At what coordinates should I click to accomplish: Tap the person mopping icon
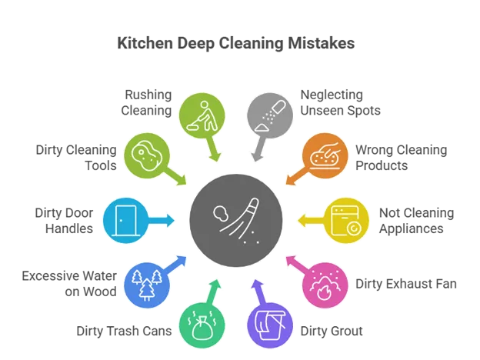(x=202, y=114)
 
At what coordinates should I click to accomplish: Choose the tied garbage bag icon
(x=202, y=327)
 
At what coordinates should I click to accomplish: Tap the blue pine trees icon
(x=146, y=285)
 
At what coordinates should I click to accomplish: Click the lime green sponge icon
(x=146, y=155)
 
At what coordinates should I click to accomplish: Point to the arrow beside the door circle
(x=164, y=221)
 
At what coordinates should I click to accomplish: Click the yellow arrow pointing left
(x=308, y=221)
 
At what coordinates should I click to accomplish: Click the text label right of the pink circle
(x=408, y=283)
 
